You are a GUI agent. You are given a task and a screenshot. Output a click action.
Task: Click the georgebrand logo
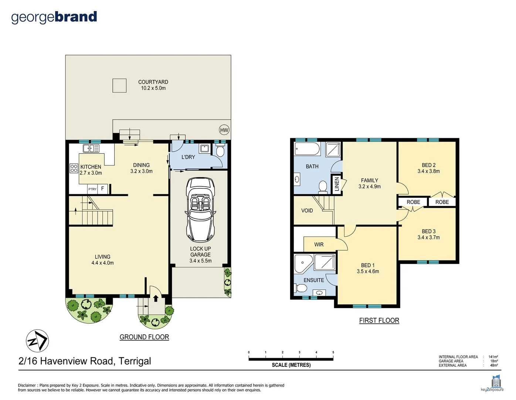click(x=54, y=17)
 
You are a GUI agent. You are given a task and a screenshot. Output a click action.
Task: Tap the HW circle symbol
click(x=224, y=130)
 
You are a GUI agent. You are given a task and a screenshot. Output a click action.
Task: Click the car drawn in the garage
click(x=200, y=210)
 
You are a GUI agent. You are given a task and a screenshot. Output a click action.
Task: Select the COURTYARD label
click(x=153, y=82)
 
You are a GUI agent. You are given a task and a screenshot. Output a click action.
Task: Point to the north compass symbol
click(x=37, y=341)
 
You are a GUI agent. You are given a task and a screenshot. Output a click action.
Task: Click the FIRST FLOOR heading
click(x=379, y=320)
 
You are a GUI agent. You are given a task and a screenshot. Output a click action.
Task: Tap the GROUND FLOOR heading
click(x=144, y=337)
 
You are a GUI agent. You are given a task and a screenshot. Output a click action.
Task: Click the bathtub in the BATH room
click(x=307, y=150)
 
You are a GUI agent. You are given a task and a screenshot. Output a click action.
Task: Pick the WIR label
click(x=319, y=244)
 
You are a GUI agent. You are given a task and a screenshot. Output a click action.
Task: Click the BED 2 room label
click(x=428, y=165)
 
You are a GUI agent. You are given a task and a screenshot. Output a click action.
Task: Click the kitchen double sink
click(x=91, y=149)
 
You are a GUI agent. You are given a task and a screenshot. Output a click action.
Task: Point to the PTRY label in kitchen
click(x=92, y=189)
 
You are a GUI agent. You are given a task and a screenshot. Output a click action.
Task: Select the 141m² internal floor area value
click(x=493, y=357)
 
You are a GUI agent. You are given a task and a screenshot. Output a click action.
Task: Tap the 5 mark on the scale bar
click(x=333, y=353)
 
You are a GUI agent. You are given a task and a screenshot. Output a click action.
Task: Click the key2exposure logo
click(x=492, y=384)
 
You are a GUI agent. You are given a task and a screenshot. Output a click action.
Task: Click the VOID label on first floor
click(x=307, y=210)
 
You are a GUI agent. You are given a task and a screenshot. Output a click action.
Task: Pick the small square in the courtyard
click(x=119, y=86)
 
